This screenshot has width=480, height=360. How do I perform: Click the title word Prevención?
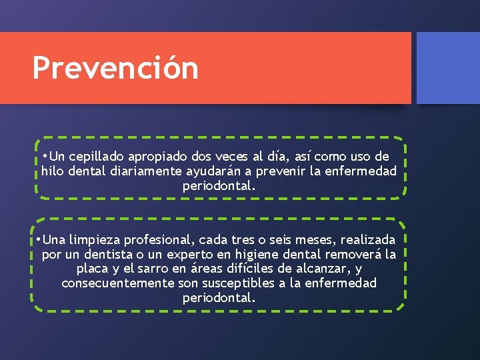coord(115,68)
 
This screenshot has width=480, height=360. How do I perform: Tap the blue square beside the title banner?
coord(447,68)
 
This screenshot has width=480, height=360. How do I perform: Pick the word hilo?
coord(53,172)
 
